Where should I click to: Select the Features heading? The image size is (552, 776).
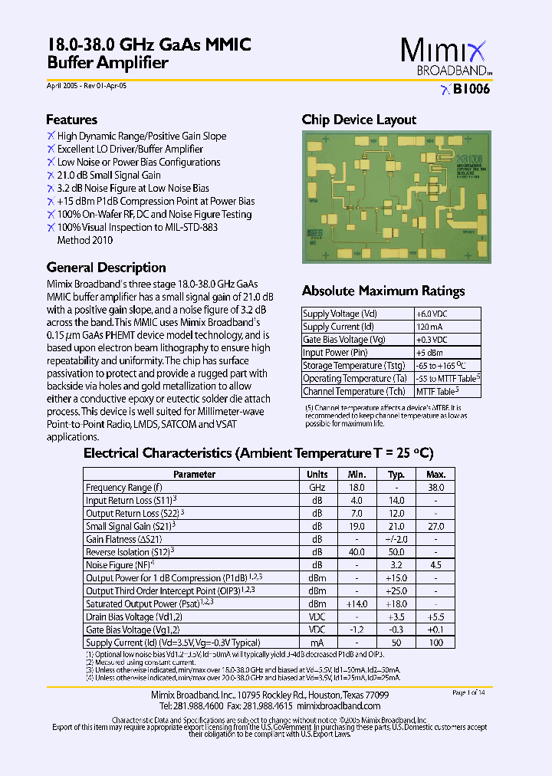[x=71, y=120]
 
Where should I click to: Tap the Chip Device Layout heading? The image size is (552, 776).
[x=359, y=120]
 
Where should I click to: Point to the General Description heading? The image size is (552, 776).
[x=106, y=268]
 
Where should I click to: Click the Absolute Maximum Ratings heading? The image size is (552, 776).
[x=383, y=291]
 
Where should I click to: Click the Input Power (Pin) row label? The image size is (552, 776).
[x=335, y=353]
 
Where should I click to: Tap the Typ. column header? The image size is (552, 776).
[x=396, y=475]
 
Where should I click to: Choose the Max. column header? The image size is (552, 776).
[x=435, y=475]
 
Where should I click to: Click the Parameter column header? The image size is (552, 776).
[x=194, y=475]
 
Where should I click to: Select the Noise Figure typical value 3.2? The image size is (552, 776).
[x=396, y=566]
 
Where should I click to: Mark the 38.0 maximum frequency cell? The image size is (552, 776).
[x=435, y=488]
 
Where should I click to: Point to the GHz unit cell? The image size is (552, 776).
[x=317, y=488]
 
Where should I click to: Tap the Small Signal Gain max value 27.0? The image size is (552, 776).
[x=435, y=527]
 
